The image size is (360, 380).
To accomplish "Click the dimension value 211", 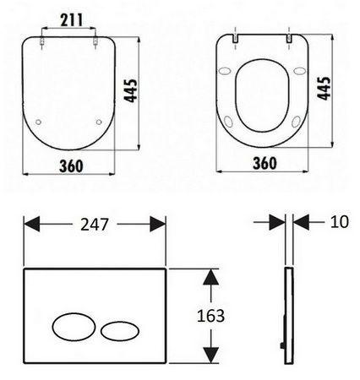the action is click(72, 20).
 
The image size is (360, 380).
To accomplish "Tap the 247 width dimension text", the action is click(95, 225).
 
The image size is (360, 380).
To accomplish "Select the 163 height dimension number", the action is click(210, 316).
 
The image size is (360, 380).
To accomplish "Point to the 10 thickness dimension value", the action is click(340, 222).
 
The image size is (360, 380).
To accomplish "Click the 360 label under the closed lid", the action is click(71, 166).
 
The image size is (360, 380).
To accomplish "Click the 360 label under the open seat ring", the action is click(265, 163).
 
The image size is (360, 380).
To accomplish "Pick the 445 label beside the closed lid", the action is click(131, 90).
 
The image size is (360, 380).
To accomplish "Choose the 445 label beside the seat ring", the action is click(325, 88).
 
